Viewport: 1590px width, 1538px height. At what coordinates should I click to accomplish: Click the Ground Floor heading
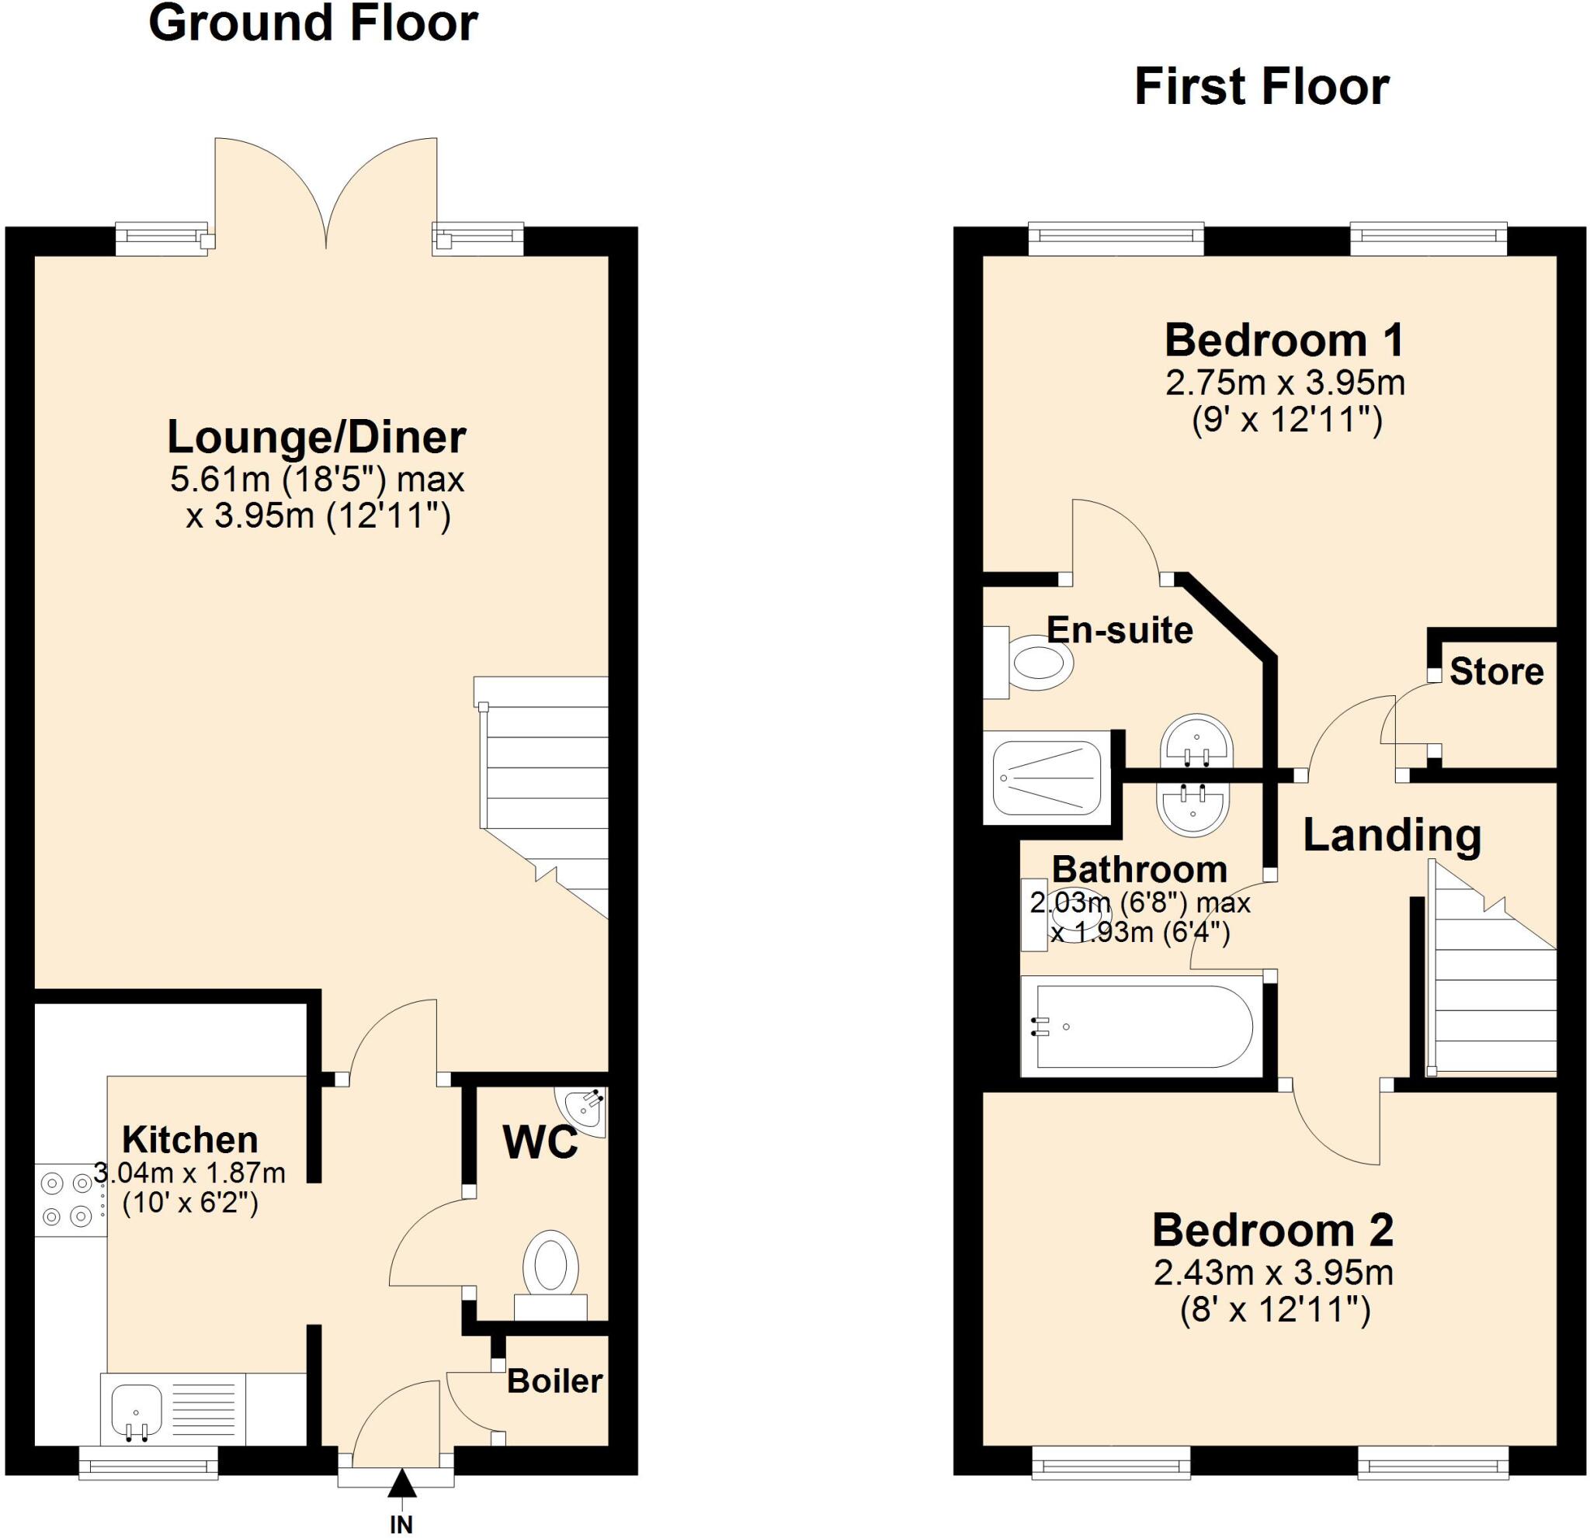313,24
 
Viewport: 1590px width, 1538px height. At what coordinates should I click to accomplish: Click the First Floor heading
1261,88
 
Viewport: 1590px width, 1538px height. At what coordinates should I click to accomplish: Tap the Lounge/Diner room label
317,438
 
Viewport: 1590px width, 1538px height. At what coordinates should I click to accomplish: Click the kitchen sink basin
137,1409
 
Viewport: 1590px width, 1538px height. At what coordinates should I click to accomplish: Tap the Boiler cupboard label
555,1380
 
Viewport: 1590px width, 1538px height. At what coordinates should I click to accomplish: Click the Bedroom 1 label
1284,341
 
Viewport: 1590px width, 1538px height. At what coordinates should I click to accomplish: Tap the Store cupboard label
1496,672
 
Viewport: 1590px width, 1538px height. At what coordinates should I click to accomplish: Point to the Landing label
1392,835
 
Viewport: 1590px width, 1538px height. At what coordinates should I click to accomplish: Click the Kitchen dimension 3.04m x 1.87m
190,1173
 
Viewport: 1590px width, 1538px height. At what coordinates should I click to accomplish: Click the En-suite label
1120,630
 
